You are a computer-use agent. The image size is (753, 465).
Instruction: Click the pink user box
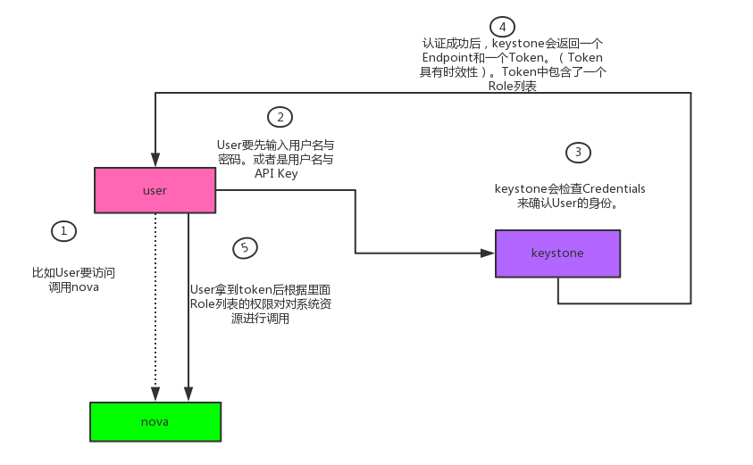155,191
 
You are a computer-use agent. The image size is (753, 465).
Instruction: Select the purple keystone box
557,253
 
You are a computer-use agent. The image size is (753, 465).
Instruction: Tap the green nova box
155,421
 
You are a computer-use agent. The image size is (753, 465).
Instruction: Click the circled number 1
63,231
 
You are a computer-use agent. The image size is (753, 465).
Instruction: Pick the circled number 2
280,117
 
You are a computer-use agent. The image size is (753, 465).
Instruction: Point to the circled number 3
578,153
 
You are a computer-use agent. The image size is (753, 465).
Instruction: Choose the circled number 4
502,26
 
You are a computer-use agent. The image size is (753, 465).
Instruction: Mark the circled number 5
244,248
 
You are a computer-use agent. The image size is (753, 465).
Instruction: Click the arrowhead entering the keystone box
489,253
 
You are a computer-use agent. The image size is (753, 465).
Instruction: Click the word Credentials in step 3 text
607,188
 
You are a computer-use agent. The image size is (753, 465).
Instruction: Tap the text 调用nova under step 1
73,286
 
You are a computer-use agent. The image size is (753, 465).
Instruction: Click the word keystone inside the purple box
557,253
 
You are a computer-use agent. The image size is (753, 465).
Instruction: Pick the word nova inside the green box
155,421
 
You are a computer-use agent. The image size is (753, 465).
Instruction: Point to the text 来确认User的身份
569,203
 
